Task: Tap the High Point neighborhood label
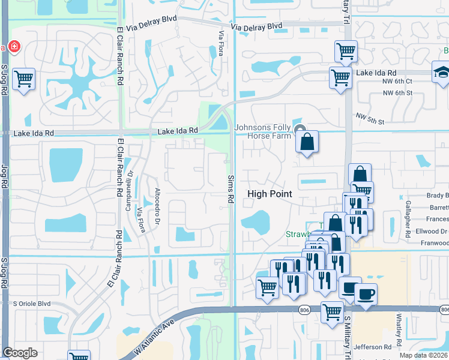click(270, 194)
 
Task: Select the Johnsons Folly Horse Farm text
click(262, 131)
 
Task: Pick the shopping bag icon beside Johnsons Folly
click(307, 142)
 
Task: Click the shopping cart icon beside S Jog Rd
click(23, 79)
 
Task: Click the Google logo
click(20, 353)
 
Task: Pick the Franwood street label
click(435, 243)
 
